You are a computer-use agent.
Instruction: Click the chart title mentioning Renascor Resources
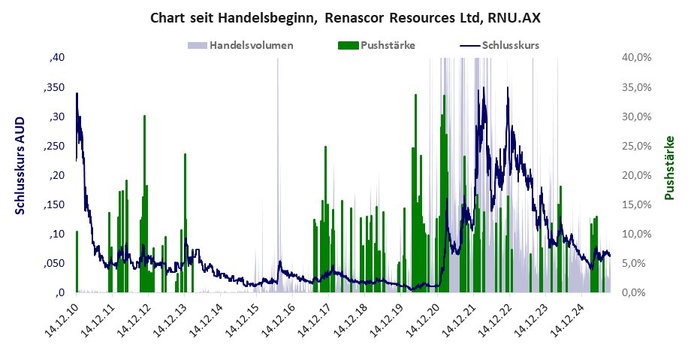click(x=345, y=17)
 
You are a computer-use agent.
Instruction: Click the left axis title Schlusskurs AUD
click(x=20, y=165)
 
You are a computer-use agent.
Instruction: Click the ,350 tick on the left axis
click(x=56, y=87)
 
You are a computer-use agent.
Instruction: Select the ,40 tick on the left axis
click(x=59, y=58)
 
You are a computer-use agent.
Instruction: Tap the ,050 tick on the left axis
click(x=56, y=264)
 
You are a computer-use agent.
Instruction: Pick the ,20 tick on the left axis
click(x=59, y=175)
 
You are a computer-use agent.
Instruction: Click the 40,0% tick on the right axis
click(x=636, y=58)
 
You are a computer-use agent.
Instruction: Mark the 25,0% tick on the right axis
click(x=636, y=146)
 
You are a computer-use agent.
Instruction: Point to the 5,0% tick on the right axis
click(x=638, y=264)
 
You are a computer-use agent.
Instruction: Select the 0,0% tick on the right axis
click(x=638, y=293)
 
